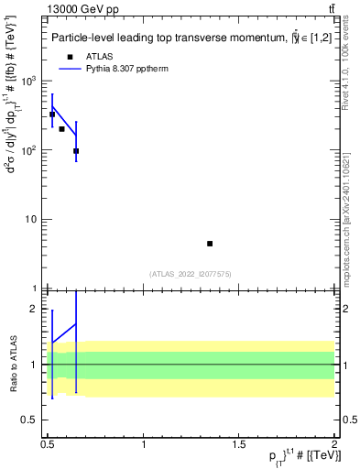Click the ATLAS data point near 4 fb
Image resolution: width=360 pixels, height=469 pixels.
pos(210,244)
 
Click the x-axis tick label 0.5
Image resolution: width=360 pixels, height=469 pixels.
pos(48,443)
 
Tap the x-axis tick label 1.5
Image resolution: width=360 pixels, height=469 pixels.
pos(239,443)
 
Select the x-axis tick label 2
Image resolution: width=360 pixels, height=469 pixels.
pos(334,443)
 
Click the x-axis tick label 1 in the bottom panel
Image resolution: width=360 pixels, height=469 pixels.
pos(144,443)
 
